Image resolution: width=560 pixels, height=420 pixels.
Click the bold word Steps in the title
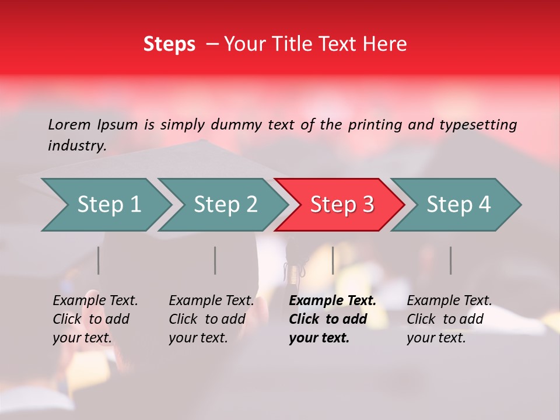169,44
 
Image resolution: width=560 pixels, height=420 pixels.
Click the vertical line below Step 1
99,260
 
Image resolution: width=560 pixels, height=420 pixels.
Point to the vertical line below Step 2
215,260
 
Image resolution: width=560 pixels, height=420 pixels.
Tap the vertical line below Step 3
332,260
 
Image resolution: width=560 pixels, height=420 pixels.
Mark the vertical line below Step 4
450,260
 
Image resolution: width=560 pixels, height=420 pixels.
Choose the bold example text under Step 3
332,319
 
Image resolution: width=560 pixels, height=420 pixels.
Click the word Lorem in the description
69,124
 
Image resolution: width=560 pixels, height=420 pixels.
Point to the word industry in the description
76,146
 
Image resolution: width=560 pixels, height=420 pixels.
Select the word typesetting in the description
478,124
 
